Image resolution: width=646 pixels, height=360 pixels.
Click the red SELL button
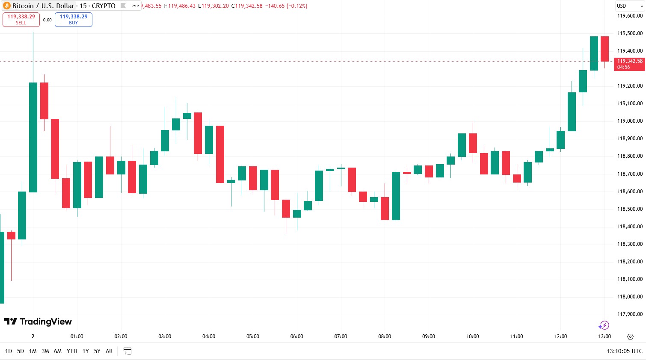click(21, 20)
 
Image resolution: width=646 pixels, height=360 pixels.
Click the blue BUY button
click(74, 20)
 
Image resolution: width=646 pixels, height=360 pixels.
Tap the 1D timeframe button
click(9, 351)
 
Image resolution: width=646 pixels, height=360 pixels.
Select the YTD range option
click(72, 351)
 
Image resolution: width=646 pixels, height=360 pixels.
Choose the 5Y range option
click(97, 351)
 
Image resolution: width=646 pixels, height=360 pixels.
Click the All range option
click(109, 351)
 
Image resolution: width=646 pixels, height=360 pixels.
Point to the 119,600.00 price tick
click(630, 16)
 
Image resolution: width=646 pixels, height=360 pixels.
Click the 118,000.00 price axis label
click(630, 297)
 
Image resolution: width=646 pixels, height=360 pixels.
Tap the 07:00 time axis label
click(341, 336)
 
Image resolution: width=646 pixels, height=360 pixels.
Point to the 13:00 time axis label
click(605, 336)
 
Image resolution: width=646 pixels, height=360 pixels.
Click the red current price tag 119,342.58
click(629, 64)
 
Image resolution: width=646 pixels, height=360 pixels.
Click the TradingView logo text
click(38, 322)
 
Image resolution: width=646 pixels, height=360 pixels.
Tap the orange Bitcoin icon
click(6, 6)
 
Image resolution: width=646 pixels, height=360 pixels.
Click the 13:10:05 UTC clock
click(624, 351)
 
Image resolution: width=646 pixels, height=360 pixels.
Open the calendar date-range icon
click(127, 351)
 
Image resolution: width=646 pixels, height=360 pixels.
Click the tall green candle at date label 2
click(33, 137)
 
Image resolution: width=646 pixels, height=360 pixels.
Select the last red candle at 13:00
click(605, 49)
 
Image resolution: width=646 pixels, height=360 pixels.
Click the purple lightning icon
click(604, 325)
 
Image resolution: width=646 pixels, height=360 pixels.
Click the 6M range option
click(58, 351)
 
